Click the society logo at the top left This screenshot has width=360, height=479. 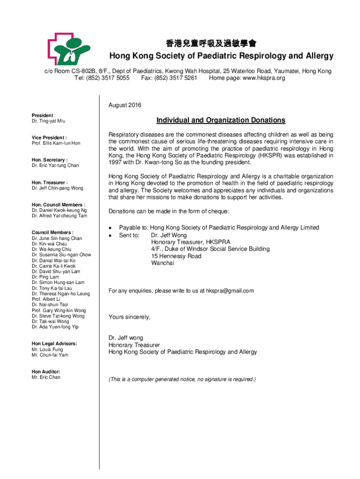click(x=69, y=49)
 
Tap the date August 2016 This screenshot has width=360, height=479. click(x=125, y=105)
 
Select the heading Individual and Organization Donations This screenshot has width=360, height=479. click(x=221, y=120)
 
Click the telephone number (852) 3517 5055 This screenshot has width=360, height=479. click(x=109, y=78)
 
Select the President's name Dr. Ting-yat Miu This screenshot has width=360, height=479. click(x=49, y=121)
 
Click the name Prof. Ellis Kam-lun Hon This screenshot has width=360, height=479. click(x=56, y=143)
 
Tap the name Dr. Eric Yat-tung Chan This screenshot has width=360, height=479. click(x=55, y=166)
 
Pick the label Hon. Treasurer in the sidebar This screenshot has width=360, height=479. click(x=49, y=182)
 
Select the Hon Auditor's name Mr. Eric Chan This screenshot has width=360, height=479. click(x=46, y=377)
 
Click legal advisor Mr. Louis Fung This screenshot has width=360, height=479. click(x=47, y=349)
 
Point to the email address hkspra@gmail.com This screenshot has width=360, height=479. click(x=230, y=291)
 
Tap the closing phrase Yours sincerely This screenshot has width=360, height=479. click(x=130, y=317)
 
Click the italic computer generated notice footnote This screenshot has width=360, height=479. click(x=182, y=379)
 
